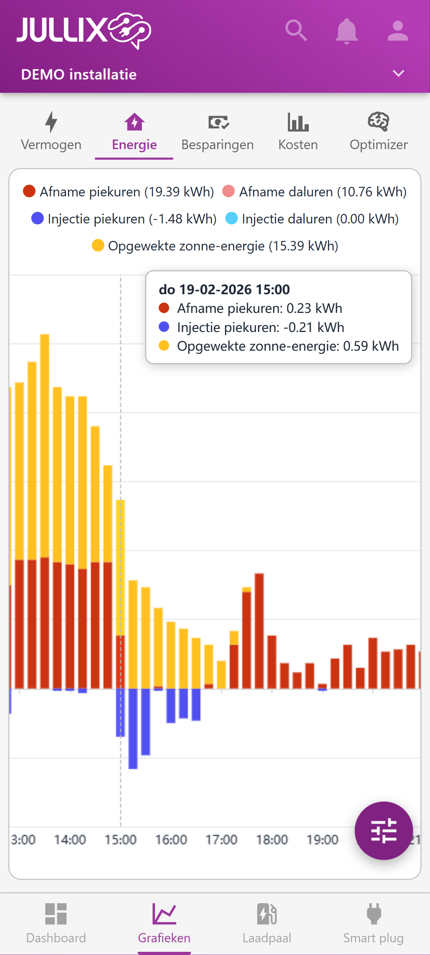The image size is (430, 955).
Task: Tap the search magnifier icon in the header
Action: point(296,31)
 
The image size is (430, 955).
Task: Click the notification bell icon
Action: point(347,31)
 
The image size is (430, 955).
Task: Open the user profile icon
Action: point(397,31)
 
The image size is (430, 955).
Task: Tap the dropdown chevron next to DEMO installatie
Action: point(398,74)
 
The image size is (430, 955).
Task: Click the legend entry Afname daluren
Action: point(314,192)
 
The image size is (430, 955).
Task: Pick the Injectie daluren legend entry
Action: point(312,219)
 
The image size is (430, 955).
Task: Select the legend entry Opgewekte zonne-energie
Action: point(215,246)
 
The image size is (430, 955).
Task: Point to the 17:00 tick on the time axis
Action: point(221,839)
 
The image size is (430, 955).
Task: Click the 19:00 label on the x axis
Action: point(322,839)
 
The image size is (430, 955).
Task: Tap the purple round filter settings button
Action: point(384,831)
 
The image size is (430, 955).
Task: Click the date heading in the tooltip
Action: point(224,289)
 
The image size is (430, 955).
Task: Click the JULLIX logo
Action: point(84,31)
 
